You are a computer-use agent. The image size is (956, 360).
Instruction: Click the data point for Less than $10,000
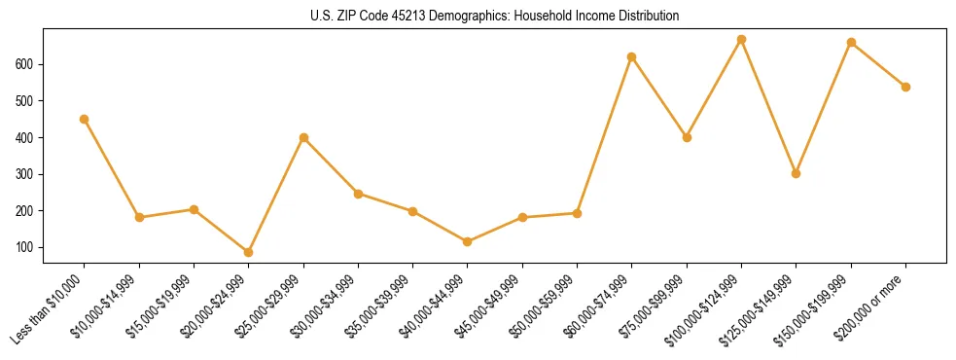click(x=85, y=119)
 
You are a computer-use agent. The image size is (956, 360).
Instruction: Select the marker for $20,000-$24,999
click(x=249, y=252)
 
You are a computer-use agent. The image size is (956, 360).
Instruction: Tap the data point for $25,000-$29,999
click(x=303, y=137)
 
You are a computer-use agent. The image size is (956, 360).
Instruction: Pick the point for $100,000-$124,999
click(x=742, y=40)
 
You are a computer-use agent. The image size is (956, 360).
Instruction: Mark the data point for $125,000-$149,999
click(x=797, y=173)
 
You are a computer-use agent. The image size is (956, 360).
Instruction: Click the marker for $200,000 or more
click(x=905, y=87)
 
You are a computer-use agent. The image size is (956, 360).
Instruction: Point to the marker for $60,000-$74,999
click(x=632, y=56)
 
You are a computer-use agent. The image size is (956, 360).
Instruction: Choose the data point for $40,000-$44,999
click(x=468, y=241)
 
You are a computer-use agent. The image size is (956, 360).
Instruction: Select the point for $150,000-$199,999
click(x=851, y=42)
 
